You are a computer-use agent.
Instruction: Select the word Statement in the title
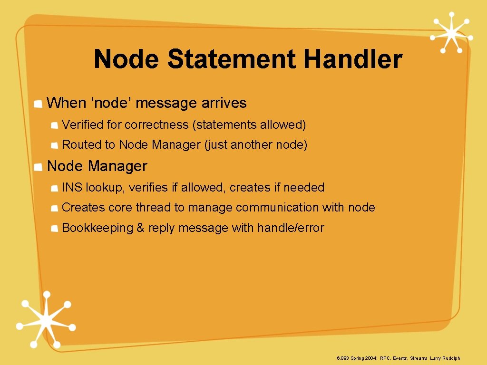tap(231, 59)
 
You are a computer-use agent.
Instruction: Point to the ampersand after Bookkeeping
tap(140, 228)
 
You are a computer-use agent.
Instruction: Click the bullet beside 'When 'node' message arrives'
tap(39, 104)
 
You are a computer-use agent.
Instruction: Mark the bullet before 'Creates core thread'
tap(55, 209)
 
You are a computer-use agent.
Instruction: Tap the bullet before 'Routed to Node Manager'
tap(55, 145)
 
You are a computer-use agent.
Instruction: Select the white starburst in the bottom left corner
tap(45, 319)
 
